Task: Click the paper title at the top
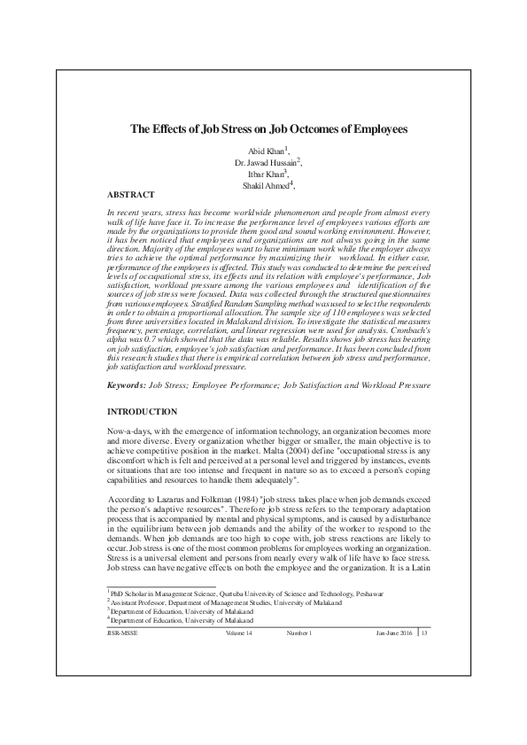(263, 128)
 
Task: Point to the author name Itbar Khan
(262, 175)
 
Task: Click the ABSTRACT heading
(130, 194)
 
